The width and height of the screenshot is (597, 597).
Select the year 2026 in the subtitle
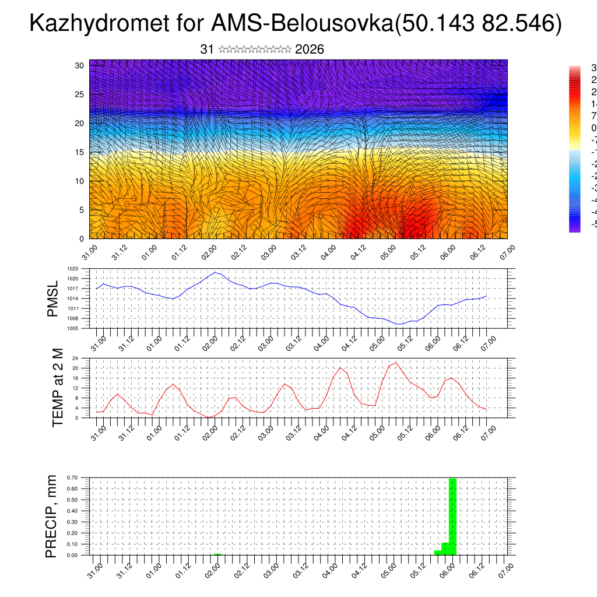click(x=310, y=50)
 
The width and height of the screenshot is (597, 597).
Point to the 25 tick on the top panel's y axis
click(x=80, y=94)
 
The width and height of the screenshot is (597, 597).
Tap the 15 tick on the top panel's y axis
click(x=80, y=152)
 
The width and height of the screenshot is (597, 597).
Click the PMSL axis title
click(x=53, y=298)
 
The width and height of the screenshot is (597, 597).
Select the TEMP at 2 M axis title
click(x=57, y=388)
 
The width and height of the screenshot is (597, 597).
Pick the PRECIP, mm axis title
click(x=52, y=517)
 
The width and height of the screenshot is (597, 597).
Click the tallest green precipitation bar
click(x=452, y=516)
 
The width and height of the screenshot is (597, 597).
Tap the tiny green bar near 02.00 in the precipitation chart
click(x=217, y=554)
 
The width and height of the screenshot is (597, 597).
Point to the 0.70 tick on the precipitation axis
click(x=72, y=477)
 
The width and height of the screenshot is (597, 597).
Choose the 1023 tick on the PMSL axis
click(x=73, y=269)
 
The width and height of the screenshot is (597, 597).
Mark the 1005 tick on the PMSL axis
click(x=73, y=328)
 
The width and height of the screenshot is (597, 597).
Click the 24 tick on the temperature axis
click(x=75, y=358)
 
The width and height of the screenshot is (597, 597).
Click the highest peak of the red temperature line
click(x=396, y=363)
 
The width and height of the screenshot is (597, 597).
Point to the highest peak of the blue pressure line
click(x=216, y=272)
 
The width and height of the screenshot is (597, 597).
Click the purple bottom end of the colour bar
click(x=574, y=228)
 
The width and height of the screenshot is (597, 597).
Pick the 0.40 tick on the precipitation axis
click(x=72, y=511)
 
